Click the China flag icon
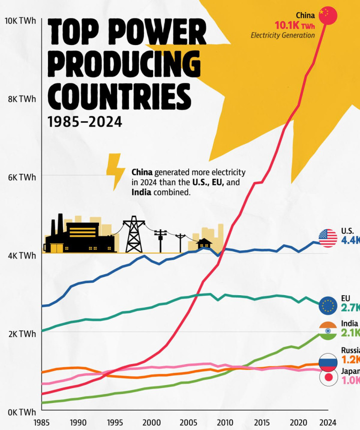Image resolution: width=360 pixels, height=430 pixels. [328, 15]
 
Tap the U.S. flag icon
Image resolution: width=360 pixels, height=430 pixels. [328, 238]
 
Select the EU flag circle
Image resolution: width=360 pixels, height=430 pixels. [328, 305]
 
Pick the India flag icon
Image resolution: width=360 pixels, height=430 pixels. [328, 331]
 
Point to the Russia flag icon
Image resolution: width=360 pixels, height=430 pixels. [328, 362]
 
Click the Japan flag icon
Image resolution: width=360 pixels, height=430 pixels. [328, 378]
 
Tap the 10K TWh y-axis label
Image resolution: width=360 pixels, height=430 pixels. [19, 21]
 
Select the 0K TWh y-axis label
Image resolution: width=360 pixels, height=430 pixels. [20, 412]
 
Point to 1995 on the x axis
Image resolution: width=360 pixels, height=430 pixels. [114, 422]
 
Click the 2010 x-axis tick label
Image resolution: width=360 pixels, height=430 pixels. [224, 422]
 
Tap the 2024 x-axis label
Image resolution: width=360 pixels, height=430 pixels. [327, 422]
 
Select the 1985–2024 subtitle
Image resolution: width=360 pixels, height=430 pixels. [84, 121]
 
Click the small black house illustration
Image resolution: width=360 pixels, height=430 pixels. [204, 244]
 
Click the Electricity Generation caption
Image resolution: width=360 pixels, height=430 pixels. [282, 35]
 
